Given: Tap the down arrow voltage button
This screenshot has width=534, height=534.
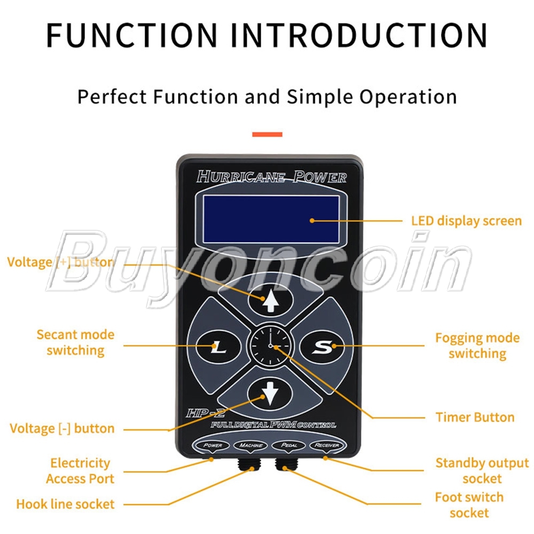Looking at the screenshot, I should click(271, 395).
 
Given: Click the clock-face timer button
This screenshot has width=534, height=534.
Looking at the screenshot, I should click(271, 347).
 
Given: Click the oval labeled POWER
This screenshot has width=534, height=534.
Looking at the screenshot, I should click(212, 445).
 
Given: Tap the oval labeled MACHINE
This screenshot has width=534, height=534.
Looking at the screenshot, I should click(250, 445).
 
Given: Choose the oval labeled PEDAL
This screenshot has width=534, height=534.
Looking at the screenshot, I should click(289, 445).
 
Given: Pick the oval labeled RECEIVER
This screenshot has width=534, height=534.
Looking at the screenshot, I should click(327, 445).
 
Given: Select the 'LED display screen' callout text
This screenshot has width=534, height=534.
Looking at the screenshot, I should click(466, 221).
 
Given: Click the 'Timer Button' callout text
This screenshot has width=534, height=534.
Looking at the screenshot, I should click(475, 418).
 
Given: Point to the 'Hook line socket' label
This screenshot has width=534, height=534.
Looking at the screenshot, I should click(65, 504).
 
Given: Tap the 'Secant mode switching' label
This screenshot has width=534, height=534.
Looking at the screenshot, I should click(75, 343).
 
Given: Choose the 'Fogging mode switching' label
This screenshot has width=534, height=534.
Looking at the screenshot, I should click(477, 345).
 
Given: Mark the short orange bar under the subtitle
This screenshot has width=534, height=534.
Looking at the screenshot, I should click(267, 135).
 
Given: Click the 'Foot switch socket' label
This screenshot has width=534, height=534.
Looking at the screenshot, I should click(469, 505).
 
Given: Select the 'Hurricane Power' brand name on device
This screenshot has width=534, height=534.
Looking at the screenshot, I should click(271, 177).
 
